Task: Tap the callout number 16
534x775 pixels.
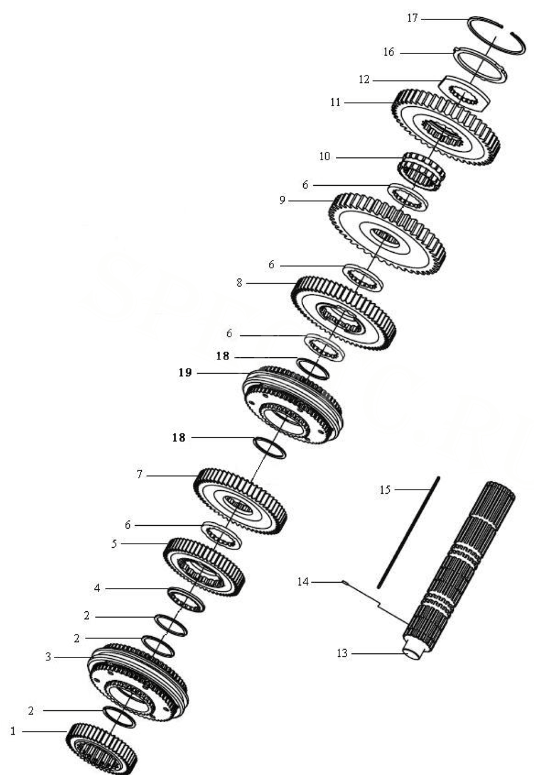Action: coord(389,52)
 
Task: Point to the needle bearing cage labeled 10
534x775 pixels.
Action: coord(420,171)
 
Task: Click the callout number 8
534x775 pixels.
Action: coord(239,284)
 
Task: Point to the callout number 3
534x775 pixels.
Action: coord(49,657)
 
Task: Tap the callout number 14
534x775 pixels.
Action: coord(303,582)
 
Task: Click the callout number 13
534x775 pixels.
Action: coord(341,653)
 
